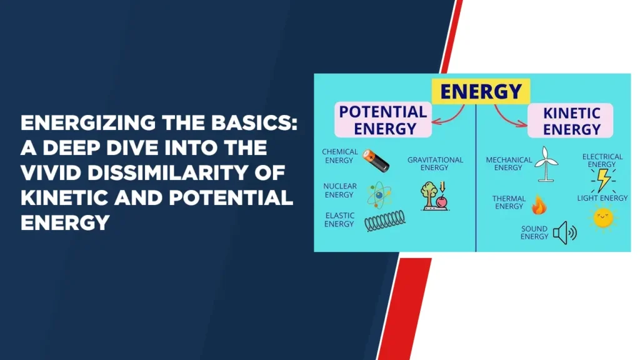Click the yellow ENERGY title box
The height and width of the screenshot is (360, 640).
pos(481,91)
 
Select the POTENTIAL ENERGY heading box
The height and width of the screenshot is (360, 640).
pos(383,119)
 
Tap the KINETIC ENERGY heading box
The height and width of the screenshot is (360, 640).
pos(570,121)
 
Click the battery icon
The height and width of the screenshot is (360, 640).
pos(376,161)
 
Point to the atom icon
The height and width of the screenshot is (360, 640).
pos(379,195)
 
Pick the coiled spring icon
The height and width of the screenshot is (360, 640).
pos(385,221)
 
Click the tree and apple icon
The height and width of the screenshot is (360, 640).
pos(435,196)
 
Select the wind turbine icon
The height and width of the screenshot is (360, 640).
pos(546,164)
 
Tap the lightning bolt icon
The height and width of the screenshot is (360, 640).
pos(603,180)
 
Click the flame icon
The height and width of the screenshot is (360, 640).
pos(539,204)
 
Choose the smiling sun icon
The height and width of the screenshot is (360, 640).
pos(603,217)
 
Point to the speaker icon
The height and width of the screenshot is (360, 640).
pos(565,232)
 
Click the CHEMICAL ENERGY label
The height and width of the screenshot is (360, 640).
pos(339,156)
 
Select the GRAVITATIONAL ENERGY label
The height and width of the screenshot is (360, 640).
pos(435,164)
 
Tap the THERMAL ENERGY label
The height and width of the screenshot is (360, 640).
pos(509,202)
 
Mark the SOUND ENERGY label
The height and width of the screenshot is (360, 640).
pos(534,232)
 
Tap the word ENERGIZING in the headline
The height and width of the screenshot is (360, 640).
pos(87,123)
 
